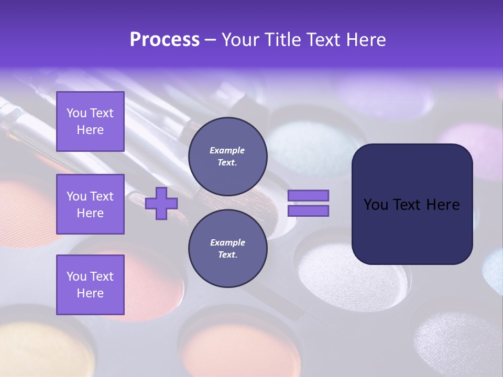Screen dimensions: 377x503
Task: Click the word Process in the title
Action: pyautogui.click(x=165, y=40)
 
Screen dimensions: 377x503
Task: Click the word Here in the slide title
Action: pyautogui.click(x=364, y=40)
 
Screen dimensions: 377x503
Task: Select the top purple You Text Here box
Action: pyautogui.click(x=90, y=121)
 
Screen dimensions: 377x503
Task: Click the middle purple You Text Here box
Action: pyautogui.click(x=90, y=204)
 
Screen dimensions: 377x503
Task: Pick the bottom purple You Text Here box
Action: pyautogui.click(x=90, y=285)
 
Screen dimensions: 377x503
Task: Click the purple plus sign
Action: pyautogui.click(x=161, y=203)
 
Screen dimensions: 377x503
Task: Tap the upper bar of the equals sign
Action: pyautogui.click(x=308, y=196)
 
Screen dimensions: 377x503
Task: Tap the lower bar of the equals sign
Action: pyautogui.click(x=308, y=211)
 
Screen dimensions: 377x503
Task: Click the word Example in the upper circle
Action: pyautogui.click(x=227, y=150)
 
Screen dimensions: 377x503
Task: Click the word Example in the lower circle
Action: pyautogui.click(x=227, y=242)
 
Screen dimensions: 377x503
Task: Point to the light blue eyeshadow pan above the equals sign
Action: pyautogui.click(x=309, y=147)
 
